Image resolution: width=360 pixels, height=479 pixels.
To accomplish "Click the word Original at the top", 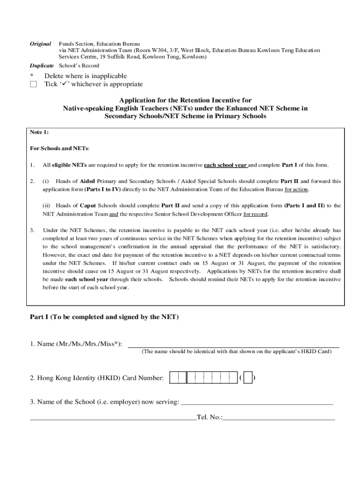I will (41, 44).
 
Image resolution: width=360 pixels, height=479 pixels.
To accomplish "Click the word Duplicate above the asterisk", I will (42, 65).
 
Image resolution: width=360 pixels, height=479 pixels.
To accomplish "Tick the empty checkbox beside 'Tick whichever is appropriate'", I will (33, 84).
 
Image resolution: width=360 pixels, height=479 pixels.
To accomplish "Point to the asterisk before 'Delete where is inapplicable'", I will (32, 76).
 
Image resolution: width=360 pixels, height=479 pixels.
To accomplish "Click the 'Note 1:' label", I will (39, 132).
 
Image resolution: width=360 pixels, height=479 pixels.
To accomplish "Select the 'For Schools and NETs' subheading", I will (59, 148).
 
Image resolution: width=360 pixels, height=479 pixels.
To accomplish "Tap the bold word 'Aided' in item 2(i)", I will (87, 181).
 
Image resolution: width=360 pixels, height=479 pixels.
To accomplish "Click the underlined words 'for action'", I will (296, 189).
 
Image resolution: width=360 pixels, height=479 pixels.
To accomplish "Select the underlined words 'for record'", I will (255, 214).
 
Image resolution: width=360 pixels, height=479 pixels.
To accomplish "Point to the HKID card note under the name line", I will (237, 352).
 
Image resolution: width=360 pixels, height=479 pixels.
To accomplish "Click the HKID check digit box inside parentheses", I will (248, 377).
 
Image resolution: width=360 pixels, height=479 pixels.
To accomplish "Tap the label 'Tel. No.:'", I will (210, 417).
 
